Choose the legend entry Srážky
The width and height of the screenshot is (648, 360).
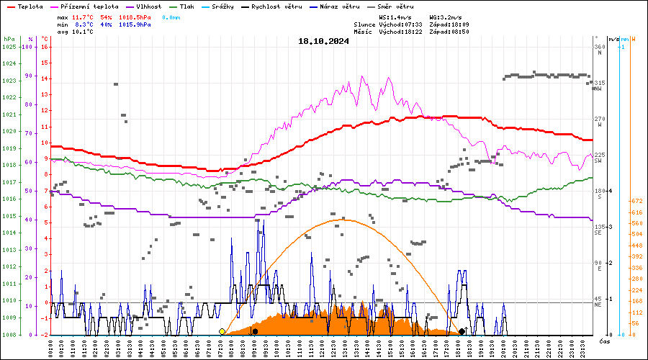(x=234, y=6)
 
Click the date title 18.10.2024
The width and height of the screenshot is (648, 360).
(x=323, y=41)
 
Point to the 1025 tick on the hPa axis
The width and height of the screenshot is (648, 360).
(x=9, y=47)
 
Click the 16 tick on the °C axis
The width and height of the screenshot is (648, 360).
(x=45, y=47)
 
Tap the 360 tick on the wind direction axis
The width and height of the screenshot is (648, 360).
(x=598, y=48)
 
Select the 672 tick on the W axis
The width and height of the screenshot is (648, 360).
(x=636, y=201)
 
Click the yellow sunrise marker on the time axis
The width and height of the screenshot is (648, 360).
(x=222, y=331)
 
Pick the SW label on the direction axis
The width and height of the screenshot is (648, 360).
(x=598, y=161)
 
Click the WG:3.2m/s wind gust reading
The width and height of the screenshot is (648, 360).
(x=446, y=17)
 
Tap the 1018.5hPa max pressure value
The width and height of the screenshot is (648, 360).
(x=135, y=17)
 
